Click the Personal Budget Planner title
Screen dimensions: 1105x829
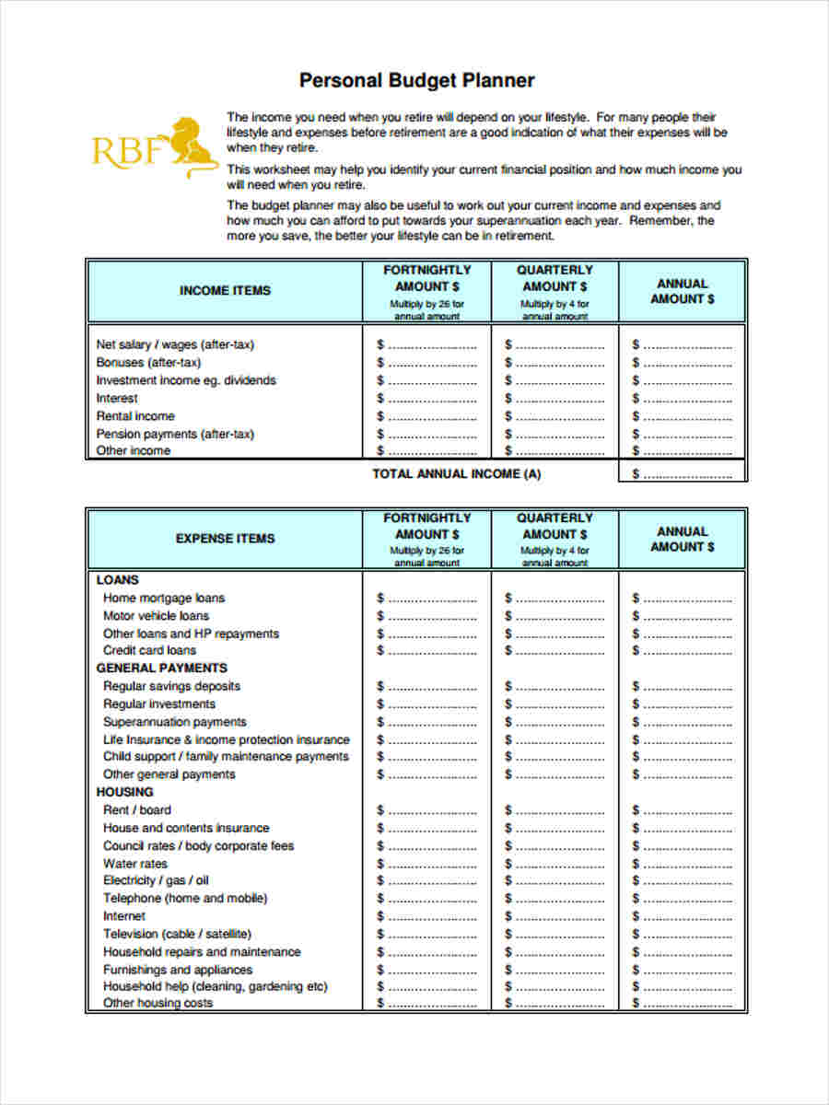(416, 81)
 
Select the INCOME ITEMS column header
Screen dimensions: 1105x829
(225, 291)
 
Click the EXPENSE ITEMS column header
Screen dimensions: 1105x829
(225, 539)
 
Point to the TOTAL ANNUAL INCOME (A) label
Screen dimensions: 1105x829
(456, 474)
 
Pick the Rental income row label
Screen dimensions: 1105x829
(135, 416)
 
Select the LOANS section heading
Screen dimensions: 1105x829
(118, 580)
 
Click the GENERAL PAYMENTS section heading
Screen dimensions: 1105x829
(161, 669)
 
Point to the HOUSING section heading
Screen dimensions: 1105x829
(125, 792)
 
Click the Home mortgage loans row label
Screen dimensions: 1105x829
(164, 599)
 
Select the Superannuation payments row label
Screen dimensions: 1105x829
(175, 722)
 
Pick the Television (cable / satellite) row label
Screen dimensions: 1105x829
(177, 934)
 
